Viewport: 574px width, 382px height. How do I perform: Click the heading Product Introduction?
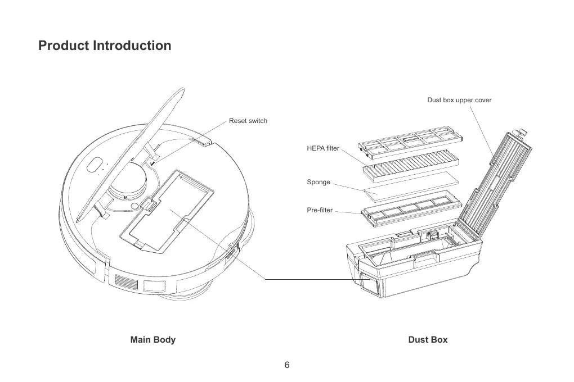pyautogui.click(x=105, y=46)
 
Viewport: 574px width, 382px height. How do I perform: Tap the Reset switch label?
pyautogui.click(x=248, y=121)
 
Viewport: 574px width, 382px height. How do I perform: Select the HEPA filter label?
pyautogui.click(x=323, y=148)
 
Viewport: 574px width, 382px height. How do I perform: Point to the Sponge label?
pyautogui.click(x=319, y=183)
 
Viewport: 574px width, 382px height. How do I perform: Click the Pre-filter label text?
pyautogui.click(x=320, y=211)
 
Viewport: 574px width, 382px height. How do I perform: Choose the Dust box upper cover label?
pyautogui.click(x=459, y=100)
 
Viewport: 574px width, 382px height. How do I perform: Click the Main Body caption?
pyautogui.click(x=153, y=340)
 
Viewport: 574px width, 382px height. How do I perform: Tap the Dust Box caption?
pyautogui.click(x=428, y=340)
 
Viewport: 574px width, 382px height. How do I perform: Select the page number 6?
pyautogui.click(x=287, y=365)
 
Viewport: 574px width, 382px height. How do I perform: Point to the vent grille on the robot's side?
pyautogui.click(x=125, y=282)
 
